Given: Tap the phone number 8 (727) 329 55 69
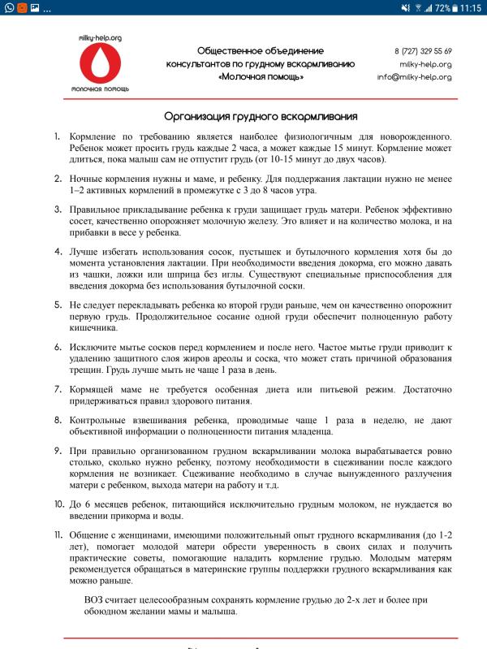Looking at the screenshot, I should [x=423, y=51].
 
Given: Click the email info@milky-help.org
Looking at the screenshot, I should [x=414, y=77].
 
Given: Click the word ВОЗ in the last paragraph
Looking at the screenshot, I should [x=97, y=599].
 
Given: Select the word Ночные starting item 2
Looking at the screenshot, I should [x=89, y=177].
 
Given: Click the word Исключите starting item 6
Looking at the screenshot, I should [x=97, y=347].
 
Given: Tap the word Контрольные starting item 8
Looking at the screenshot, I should [x=102, y=420].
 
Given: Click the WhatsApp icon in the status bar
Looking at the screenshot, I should [x=7, y=8].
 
